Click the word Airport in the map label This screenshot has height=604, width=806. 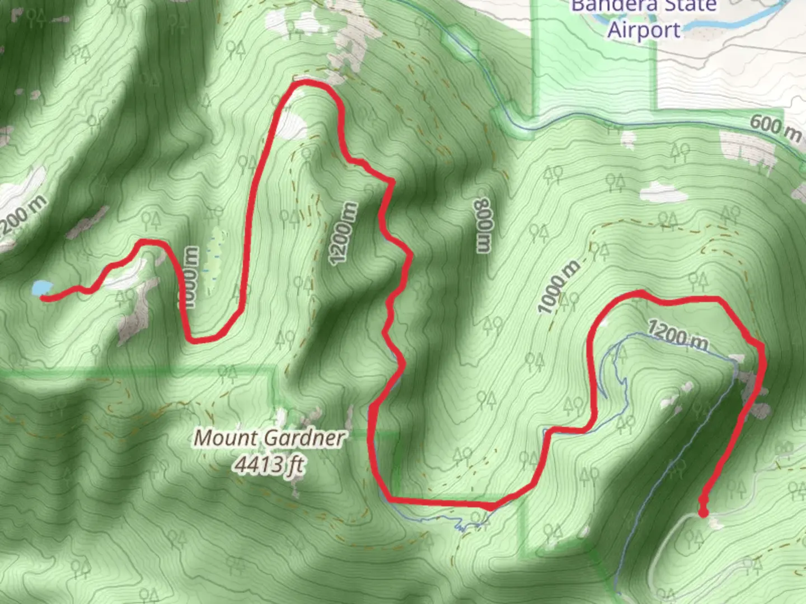tap(644, 30)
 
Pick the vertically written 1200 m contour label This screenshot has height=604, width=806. tap(343, 233)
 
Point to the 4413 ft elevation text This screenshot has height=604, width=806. tap(270, 464)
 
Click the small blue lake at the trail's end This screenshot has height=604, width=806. tap(41, 287)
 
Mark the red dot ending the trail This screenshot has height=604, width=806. tap(703, 512)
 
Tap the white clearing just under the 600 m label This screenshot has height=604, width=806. tap(747, 148)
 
